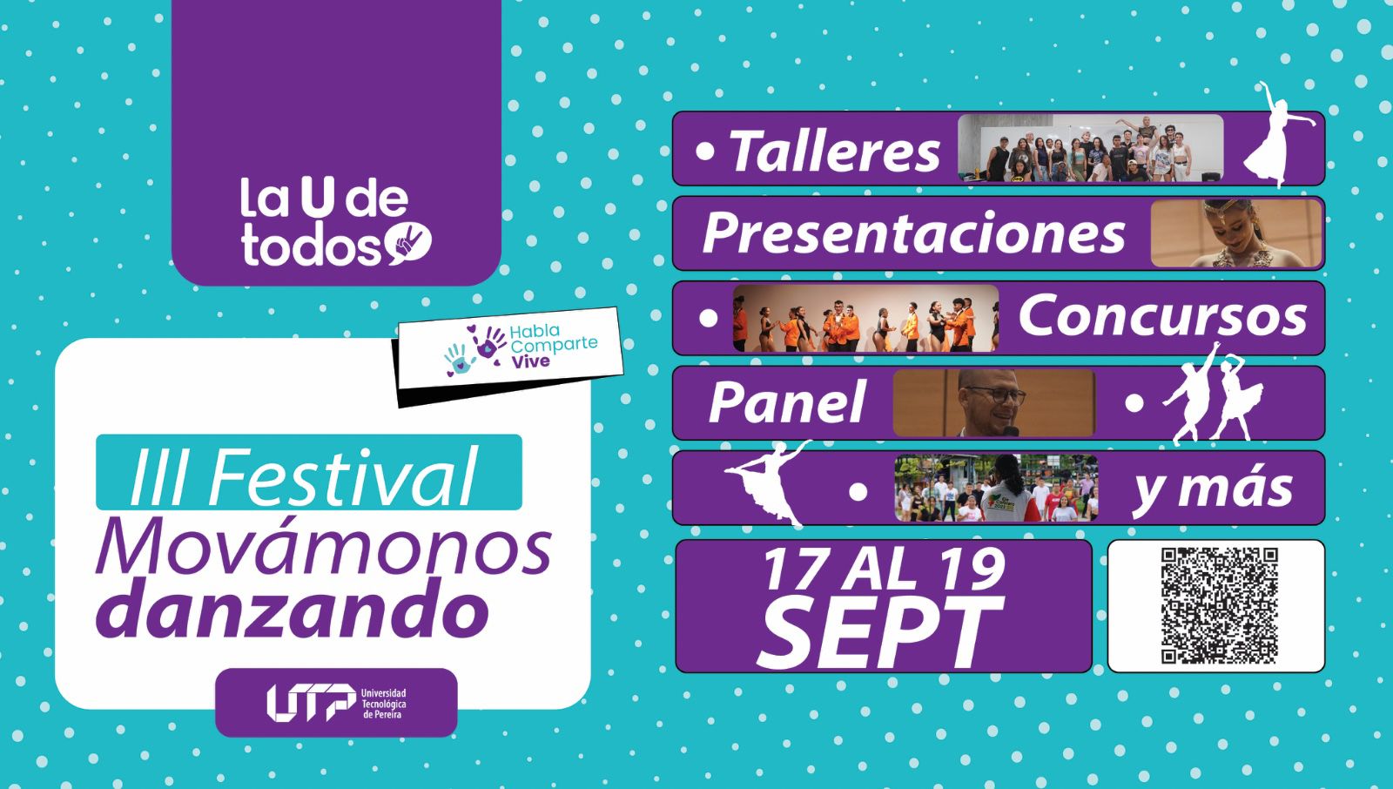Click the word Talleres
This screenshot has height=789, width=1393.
click(835, 152)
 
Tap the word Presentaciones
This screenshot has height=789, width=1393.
click(914, 233)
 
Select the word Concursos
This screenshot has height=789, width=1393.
click(1162, 315)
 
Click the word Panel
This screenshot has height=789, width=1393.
click(787, 401)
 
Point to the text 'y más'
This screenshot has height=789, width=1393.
click(1212, 489)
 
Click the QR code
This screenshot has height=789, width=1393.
click(1220, 605)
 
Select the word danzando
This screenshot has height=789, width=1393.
click(293, 608)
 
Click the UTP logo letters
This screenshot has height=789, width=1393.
click(311, 703)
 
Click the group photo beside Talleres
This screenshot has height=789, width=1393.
click(1091, 148)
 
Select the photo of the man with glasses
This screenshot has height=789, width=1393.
click(993, 402)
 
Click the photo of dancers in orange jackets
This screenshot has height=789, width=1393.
click(865, 319)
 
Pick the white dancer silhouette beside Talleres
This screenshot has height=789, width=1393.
click(1275, 134)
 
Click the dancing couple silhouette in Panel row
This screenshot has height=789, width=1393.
click(1213, 394)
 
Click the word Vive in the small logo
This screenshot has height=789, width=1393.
click(530, 361)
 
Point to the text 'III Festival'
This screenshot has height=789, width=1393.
click(304, 475)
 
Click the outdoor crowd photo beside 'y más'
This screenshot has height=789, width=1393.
click(996, 488)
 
